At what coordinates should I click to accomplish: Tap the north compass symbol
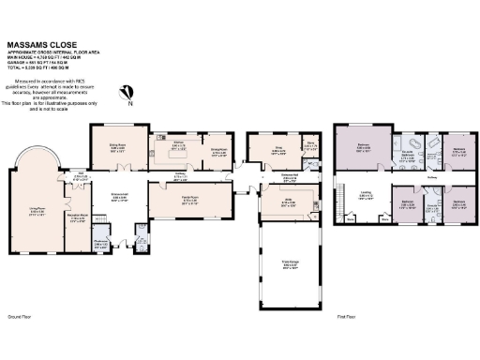coord(130,92)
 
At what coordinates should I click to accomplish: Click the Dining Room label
coord(117,148)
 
